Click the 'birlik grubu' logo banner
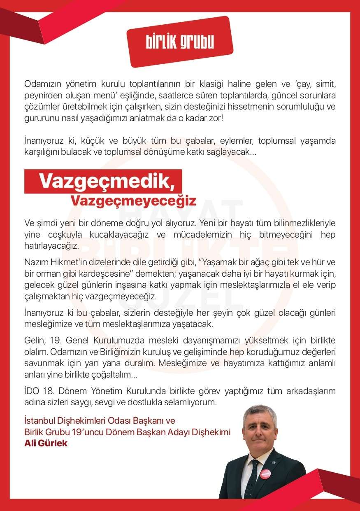pyautogui.click(x=180, y=42)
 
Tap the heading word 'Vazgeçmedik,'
pyautogui.click(x=105, y=181)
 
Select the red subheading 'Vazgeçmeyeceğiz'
pyautogui.click(x=133, y=201)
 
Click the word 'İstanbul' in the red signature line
pyautogui.click(x=40, y=421)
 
